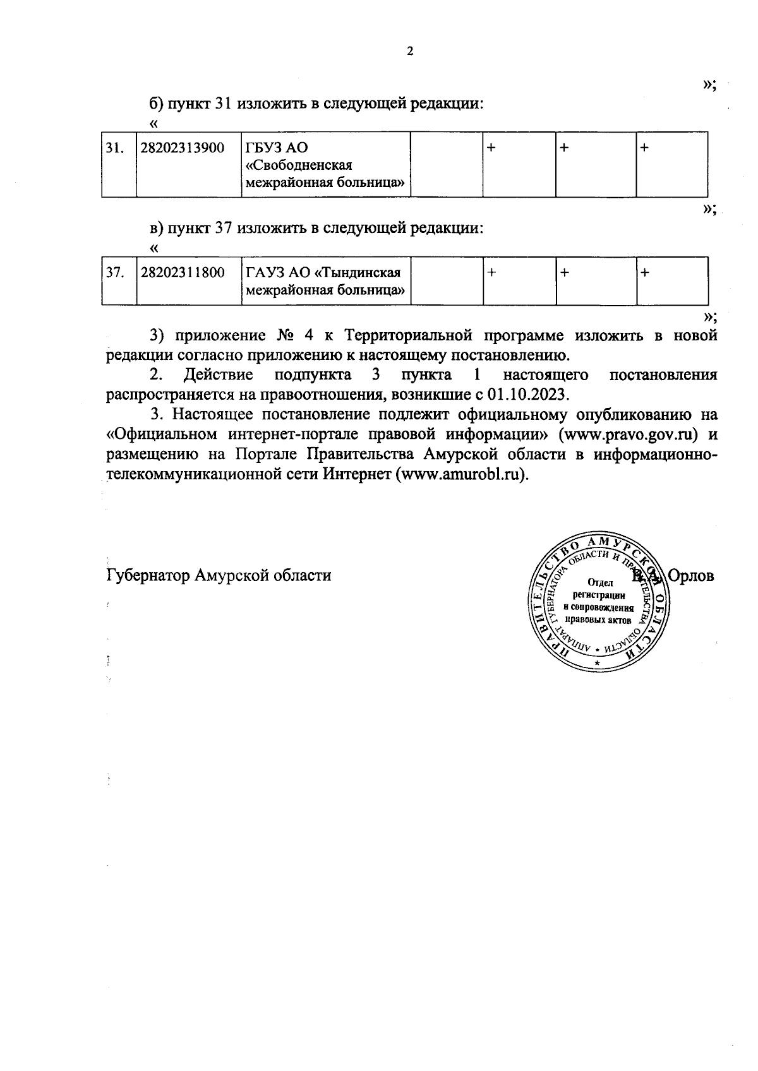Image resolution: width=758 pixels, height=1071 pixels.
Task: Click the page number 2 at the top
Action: (x=409, y=52)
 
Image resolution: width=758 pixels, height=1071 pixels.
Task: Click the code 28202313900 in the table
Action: (x=183, y=148)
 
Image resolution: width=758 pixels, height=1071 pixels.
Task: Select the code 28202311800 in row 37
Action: (x=183, y=273)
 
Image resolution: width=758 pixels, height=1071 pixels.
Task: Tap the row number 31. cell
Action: (x=114, y=148)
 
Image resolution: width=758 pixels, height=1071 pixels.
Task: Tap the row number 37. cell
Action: (x=114, y=273)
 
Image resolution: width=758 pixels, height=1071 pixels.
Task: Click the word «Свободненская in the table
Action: (x=298, y=165)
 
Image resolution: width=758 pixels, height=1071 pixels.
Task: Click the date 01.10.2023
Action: (x=528, y=395)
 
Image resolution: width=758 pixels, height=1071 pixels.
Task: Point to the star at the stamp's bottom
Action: (x=597, y=664)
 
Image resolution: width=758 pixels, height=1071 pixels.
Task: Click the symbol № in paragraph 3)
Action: (x=284, y=335)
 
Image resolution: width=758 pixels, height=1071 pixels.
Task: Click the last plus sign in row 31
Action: (x=644, y=147)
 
